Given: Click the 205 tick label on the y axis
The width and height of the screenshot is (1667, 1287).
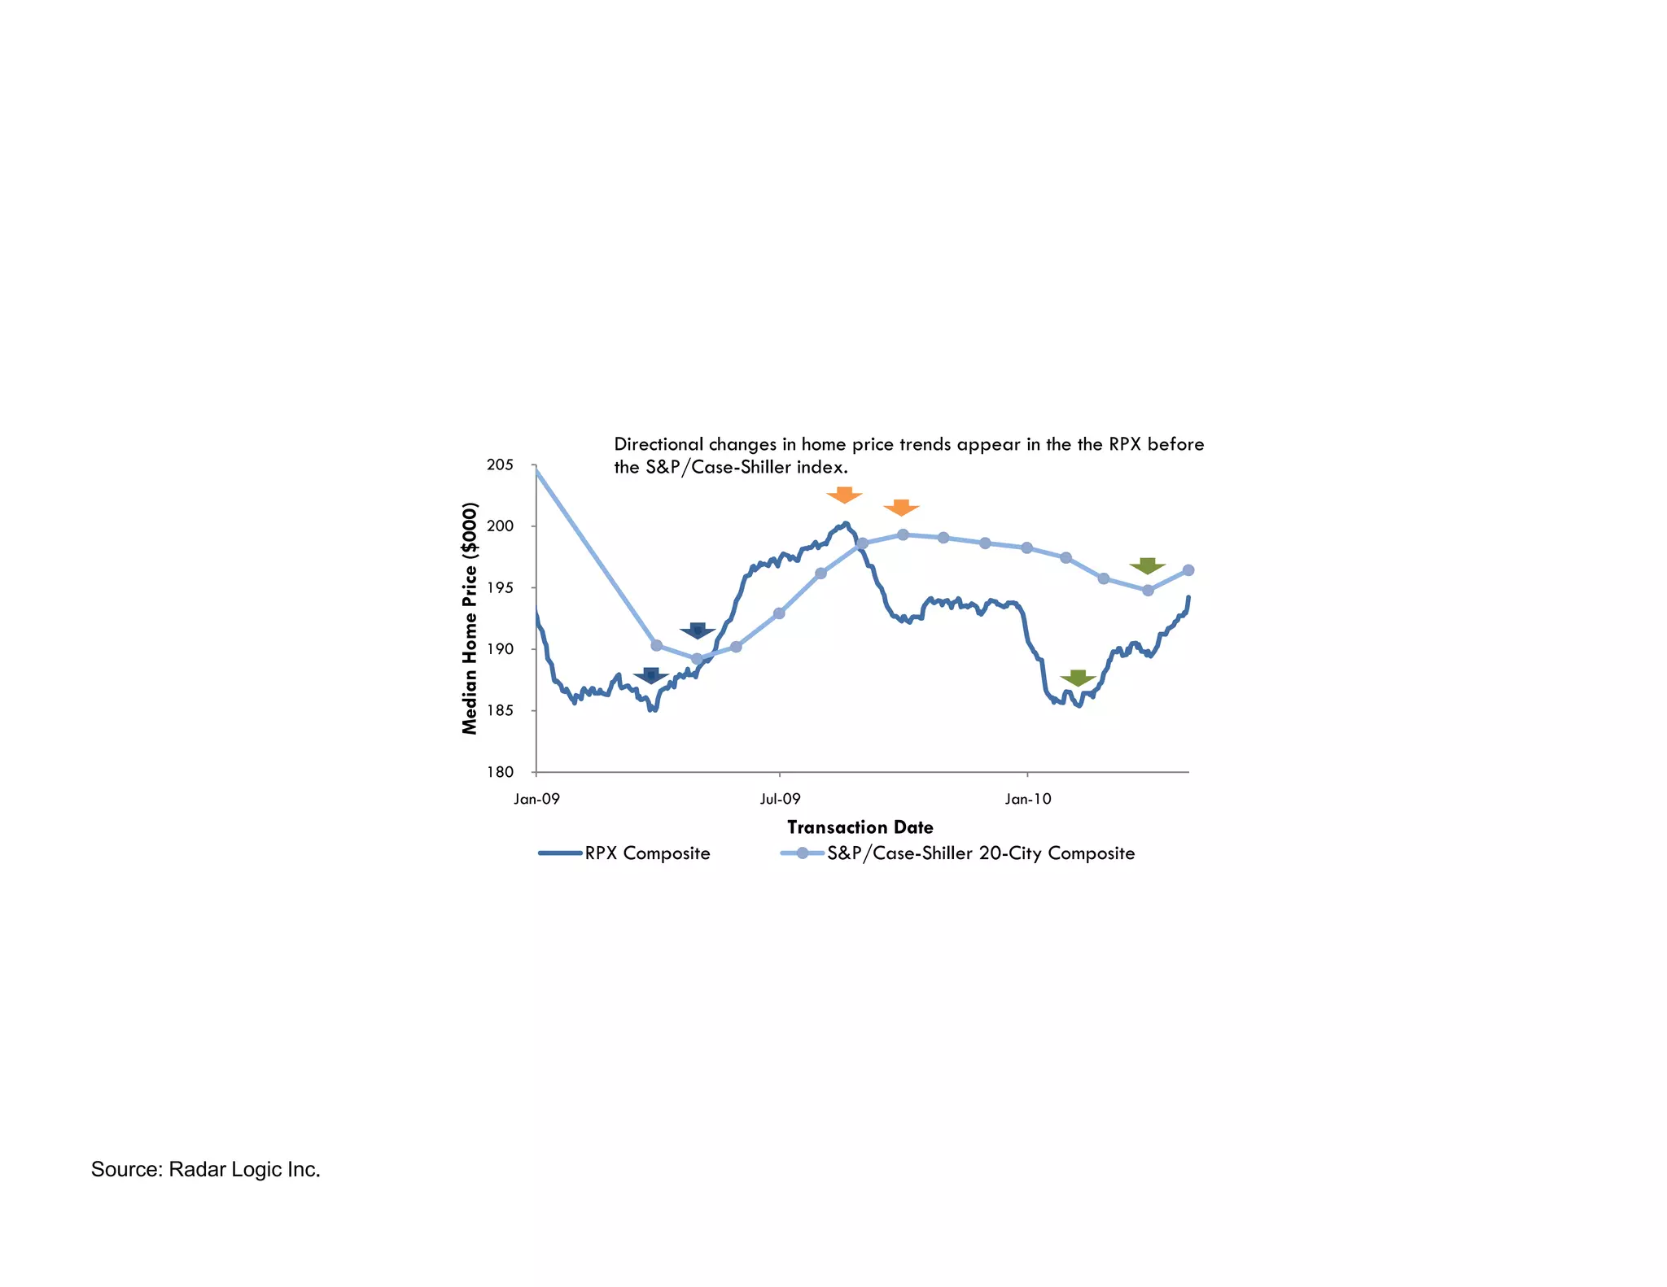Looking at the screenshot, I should click(501, 465).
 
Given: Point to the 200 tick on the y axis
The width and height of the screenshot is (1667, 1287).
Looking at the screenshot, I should click(501, 526).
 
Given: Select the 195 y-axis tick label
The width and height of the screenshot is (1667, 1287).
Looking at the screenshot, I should click(501, 588).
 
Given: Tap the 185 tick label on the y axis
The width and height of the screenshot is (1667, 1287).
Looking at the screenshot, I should click(501, 711).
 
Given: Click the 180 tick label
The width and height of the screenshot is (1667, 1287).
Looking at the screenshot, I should click(501, 772).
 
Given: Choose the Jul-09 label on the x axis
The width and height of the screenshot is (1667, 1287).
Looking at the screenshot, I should click(780, 799).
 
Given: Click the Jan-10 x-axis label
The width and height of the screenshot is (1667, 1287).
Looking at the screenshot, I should click(1027, 799).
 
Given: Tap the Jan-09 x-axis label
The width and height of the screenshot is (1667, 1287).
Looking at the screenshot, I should click(536, 799).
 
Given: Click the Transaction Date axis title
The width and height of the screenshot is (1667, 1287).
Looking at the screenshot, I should click(860, 827).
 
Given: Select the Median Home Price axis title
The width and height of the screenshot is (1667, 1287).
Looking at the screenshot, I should click(470, 618).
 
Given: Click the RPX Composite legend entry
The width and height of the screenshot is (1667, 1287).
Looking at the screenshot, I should click(646, 853).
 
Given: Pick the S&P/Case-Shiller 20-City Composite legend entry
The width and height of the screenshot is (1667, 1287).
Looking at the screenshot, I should click(980, 853).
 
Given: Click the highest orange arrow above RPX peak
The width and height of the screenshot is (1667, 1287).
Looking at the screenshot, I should click(844, 495).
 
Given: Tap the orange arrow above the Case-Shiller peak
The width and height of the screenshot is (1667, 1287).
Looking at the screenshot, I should click(901, 508).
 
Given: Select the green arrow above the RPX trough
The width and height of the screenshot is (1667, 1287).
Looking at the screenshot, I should click(1078, 678).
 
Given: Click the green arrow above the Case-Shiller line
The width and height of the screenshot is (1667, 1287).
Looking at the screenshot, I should click(1147, 566).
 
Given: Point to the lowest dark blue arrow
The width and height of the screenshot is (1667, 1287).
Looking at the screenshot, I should click(651, 676).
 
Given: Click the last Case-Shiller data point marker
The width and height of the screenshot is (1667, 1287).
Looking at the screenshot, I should click(1188, 570).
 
